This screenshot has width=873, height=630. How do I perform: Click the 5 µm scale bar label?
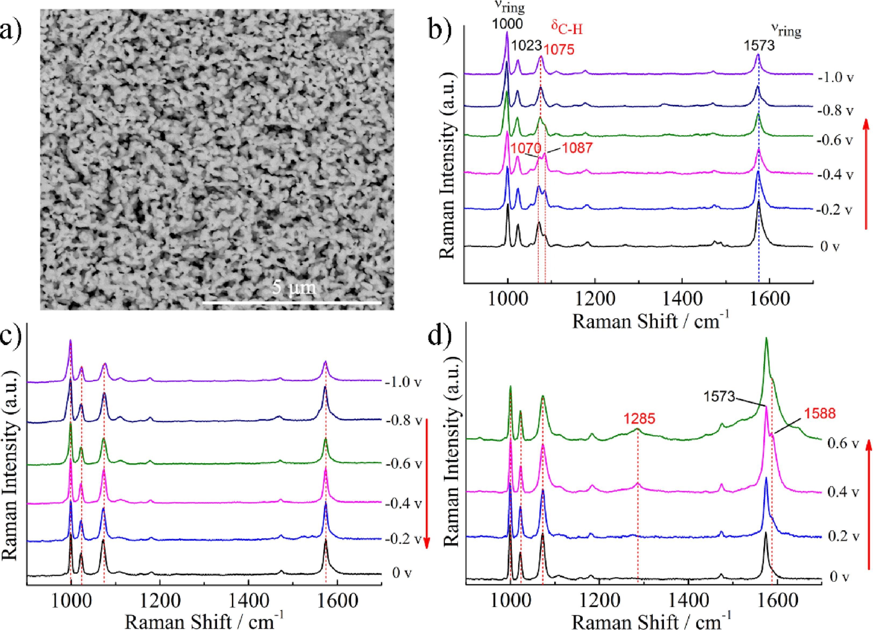tap(294, 288)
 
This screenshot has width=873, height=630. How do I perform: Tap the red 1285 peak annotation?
tap(639, 419)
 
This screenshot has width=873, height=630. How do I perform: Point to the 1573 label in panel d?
tap(719, 397)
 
